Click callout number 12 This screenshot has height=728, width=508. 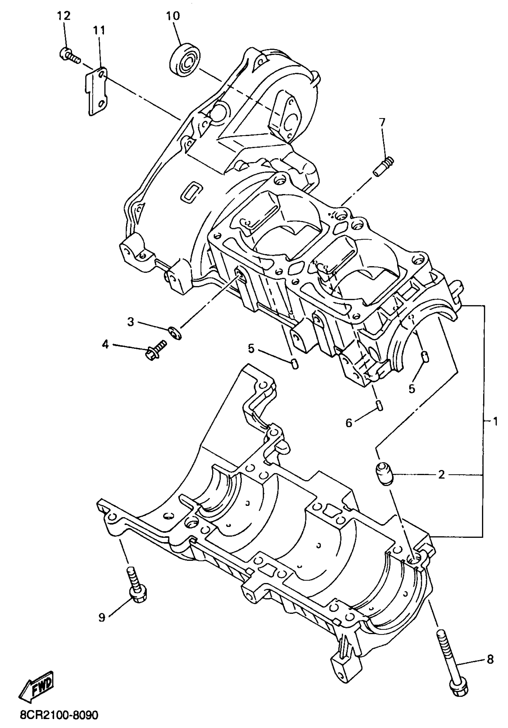tap(64, 16)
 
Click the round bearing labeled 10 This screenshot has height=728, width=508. tap(185, 60)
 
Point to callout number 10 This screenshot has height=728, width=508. tap(173, 16)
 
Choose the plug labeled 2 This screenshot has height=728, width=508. tap(384, 474)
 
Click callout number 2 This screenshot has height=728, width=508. tap(441, 475)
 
